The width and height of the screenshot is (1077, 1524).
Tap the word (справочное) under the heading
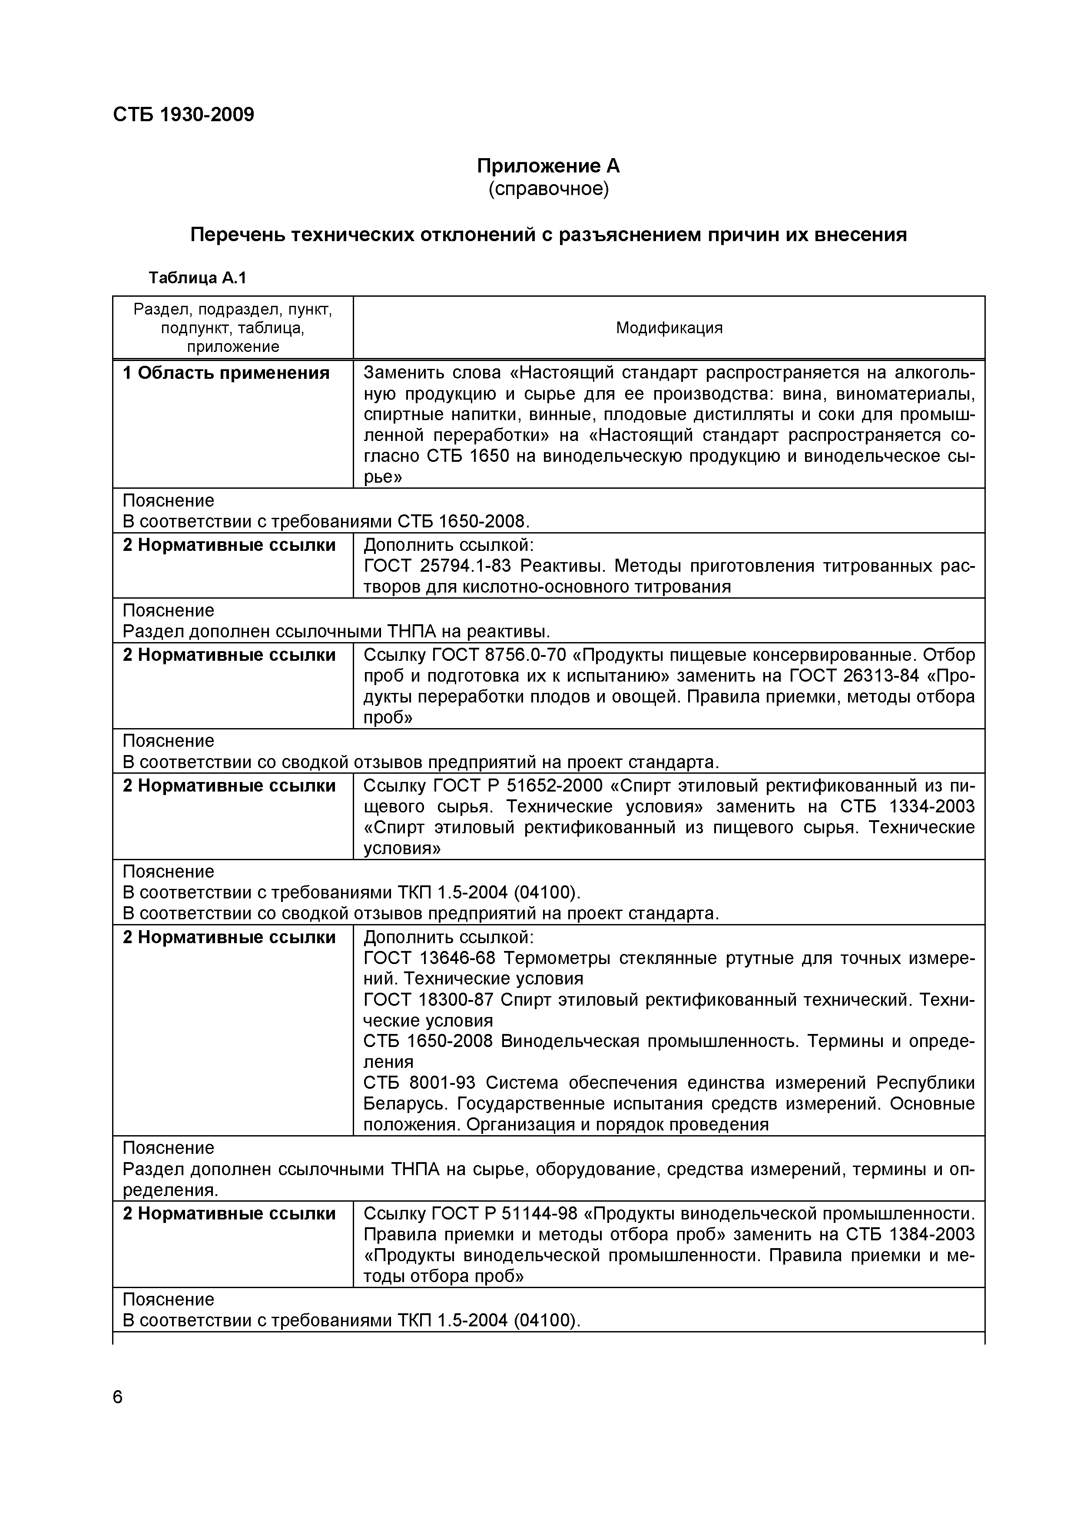click(x=548, y=189)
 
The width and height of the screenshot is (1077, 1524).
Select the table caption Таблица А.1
click(x=197, y=278)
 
